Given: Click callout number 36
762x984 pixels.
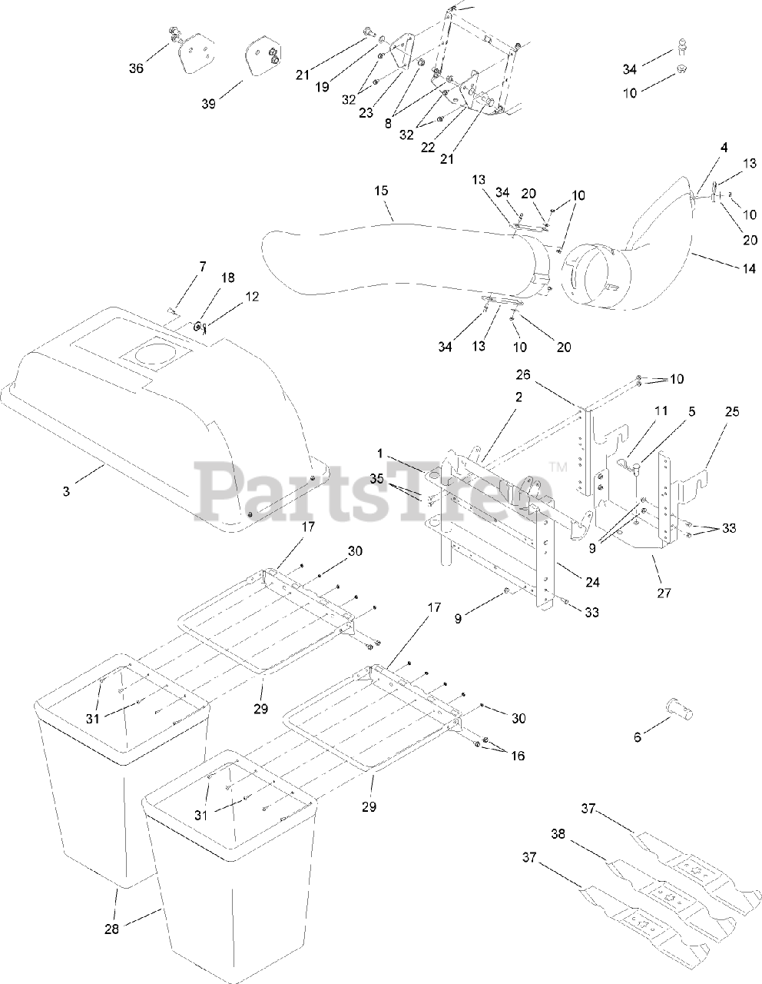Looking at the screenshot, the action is [136, 68].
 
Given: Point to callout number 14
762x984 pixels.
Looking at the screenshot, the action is [749, 268].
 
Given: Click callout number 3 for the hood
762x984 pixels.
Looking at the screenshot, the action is [66, 490].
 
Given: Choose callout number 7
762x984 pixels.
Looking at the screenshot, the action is [202, 266].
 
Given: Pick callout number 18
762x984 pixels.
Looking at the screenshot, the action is [207, 278].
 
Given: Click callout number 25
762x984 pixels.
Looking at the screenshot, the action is [731, 412].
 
